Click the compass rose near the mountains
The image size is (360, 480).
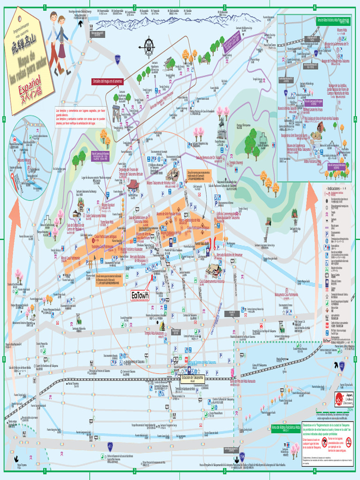pos(149,46)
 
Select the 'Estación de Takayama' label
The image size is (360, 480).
pos(193,377)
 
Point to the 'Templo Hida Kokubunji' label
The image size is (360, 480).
pos(154,333)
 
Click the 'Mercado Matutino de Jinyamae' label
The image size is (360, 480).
pos(229,255)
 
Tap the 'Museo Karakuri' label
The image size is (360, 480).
pos(108,205)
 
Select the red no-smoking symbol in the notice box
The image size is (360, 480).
pos(324,441)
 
